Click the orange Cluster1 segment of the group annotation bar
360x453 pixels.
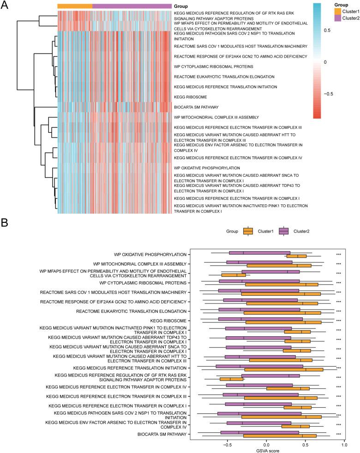coord(75,6)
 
